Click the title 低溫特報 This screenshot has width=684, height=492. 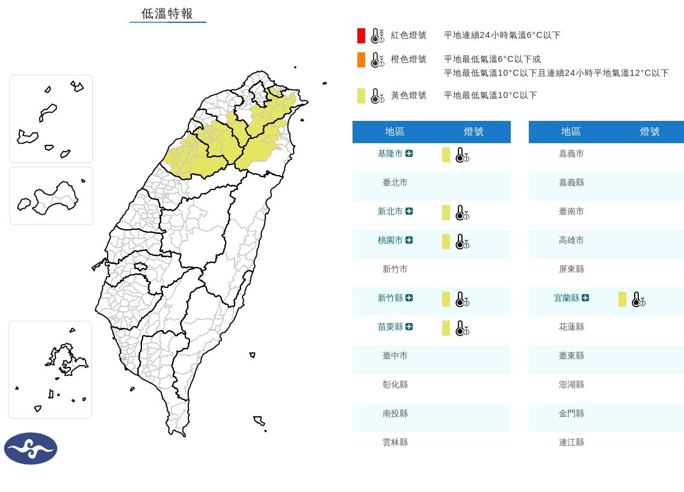tap(167, 14)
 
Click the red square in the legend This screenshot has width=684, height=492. tap(361, 35)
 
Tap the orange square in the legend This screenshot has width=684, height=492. tap(361, 60)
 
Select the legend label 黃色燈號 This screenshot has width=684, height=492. tap(408, 95)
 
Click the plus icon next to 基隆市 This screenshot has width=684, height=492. tap(409, 154)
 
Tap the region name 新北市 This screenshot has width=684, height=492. tap(390, 212)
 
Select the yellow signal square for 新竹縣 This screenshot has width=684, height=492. tap(446, 299)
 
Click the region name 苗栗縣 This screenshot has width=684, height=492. tap(390, 327)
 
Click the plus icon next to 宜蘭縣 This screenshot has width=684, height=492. tap(585, 298)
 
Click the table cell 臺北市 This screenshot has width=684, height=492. tap(395, 183)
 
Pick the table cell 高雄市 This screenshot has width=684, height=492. tap(571, 241)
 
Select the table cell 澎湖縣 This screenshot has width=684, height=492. tap(571, 385)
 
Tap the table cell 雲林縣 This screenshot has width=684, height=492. tap(395, 443)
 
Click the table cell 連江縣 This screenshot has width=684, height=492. tap(571, 443)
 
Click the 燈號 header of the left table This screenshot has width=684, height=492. tap(473, 132)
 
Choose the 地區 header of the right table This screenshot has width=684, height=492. tap(571, 132)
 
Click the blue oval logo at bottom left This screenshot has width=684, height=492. tap(31, 448)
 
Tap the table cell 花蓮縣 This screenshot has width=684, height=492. tap(571, 327)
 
